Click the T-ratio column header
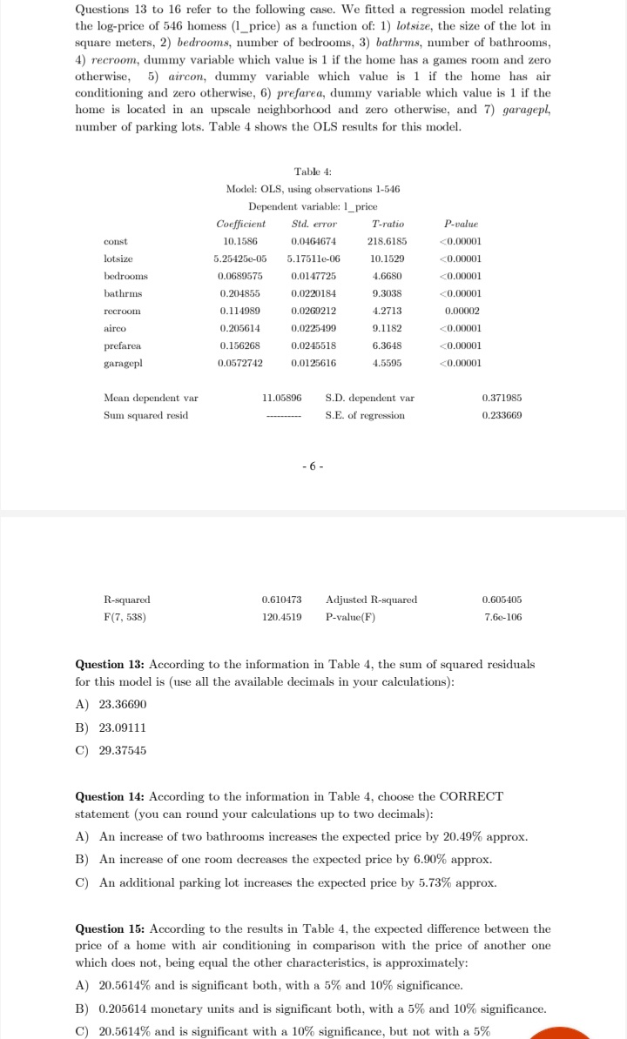click(x=388, y=224)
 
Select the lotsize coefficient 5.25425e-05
click(x=240, y=258)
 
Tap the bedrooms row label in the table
click(x=125, y=276)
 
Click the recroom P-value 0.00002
click(x=462, y=311)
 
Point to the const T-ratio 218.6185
click(x=389, y=241)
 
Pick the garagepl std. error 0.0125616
click(x=313, y=363)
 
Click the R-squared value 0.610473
click(x=281, y=600)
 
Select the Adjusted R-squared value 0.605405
click(x=502, y=600)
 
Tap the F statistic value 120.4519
click(x=281, y=617)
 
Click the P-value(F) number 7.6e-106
click(x=502, y=617)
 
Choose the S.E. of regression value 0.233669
click(x=502, y=415)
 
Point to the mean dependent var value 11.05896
click(x=281, y=398)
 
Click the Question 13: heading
click(x=111, y=665)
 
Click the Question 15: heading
click(x=111, y=929)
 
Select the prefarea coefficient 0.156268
click(x=240, y=345)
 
